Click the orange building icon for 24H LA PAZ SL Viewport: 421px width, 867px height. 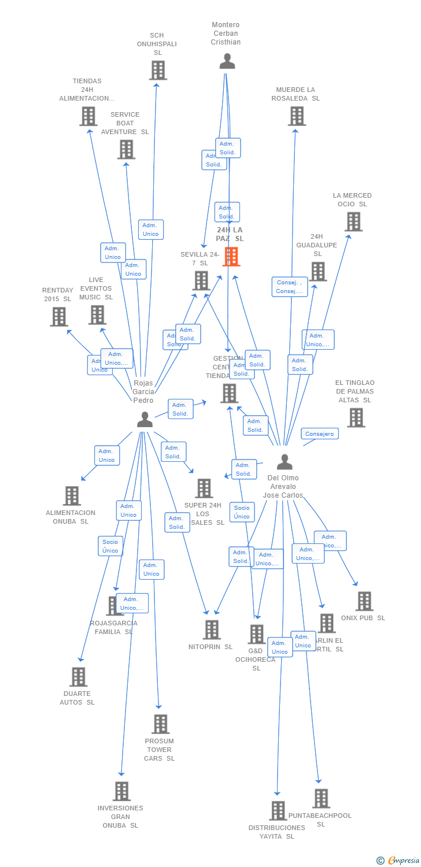click(x=231, y=257)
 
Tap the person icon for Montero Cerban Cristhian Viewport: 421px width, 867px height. click(x=227, y=61)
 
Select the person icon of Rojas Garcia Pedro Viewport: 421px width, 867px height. click(x=145, y=420)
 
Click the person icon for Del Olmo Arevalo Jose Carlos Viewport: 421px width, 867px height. click(x=285, y=462)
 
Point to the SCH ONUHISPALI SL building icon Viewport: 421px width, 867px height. click(x=157, y=71)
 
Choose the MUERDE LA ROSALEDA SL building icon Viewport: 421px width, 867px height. click(x=297, y=116)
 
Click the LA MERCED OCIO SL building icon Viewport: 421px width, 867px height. click(x=353, y=221)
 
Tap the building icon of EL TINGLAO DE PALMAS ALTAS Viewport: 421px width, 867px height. click(x=356, y=417)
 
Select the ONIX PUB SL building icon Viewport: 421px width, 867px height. click(x=364, y=601)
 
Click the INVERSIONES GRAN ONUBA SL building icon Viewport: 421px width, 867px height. click(x=121, y=791)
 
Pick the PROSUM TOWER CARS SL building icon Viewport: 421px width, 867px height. click(x=160, y=724)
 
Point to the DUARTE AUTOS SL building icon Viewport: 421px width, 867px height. click(x=78, y=677)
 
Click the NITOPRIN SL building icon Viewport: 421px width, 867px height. click(x=212, y=629)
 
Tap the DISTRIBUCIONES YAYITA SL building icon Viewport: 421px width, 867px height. click(x=278, y=810)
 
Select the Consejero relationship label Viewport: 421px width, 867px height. click(x=320, y=434)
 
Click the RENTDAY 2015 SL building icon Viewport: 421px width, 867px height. click(x=58, y=317)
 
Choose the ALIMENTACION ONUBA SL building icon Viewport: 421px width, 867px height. click(x=71, y=496)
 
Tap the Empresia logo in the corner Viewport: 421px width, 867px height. click(x=398, y=861)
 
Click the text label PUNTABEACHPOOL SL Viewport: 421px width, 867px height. click(x=320, y=820)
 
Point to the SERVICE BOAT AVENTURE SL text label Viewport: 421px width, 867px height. click(x=125, y=123)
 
